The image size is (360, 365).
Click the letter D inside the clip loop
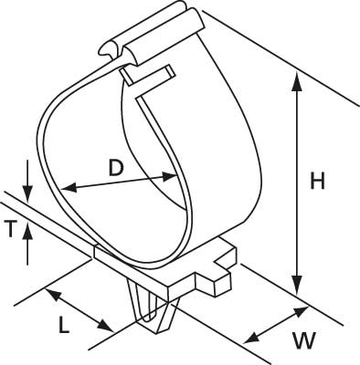coord(114,168)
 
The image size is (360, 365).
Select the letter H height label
coord(317,182)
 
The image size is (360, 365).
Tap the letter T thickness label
coord(12,229)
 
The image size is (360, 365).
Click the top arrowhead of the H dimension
coord(296,79)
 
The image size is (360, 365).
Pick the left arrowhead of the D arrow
coord(66,188)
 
